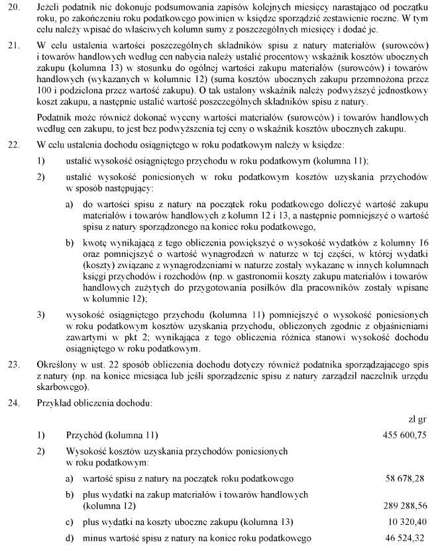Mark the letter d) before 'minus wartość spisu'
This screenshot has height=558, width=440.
tap(69, 538)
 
